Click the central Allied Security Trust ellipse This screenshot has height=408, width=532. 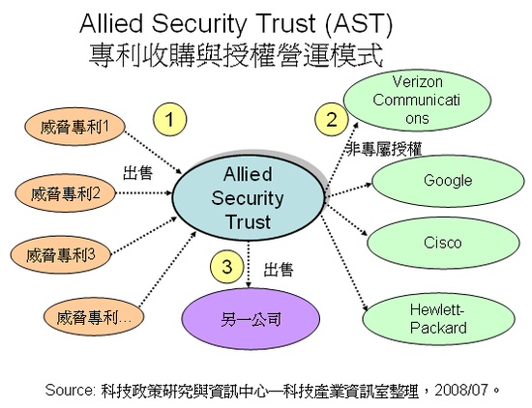[x=249, y=198]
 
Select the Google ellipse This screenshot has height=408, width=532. [x=448, y=181]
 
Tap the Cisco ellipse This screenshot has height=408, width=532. [x=443, y=243]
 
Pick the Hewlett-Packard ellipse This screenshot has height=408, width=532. [x=438, y=319]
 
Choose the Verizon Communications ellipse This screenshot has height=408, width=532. [x=417, y=101]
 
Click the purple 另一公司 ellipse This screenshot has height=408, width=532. [x=251, y=319]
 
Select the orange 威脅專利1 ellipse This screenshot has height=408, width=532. [x=74, y=128]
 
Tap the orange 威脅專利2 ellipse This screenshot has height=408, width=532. [x=65, y=193]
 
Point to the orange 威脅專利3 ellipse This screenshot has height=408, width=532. [x=60, y=254]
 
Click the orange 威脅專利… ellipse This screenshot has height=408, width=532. [x=94, y=318]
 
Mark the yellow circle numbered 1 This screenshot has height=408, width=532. [x=169, y=119]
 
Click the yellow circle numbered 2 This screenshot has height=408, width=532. [x=332, y=119]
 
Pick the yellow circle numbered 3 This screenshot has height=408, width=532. [x=226, y=266]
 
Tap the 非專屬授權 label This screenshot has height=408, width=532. [x=384, y=149]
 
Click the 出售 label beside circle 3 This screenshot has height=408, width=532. [x=279, y=270]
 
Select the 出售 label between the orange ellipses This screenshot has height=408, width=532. [x=137, y=173]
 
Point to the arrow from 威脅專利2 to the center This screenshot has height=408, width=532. [x=144, y=193]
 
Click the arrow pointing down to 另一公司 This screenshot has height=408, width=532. [x=249, y=265]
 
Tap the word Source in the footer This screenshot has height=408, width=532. [x=71, y=390]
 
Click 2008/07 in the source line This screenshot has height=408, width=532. [x=461, y=390]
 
